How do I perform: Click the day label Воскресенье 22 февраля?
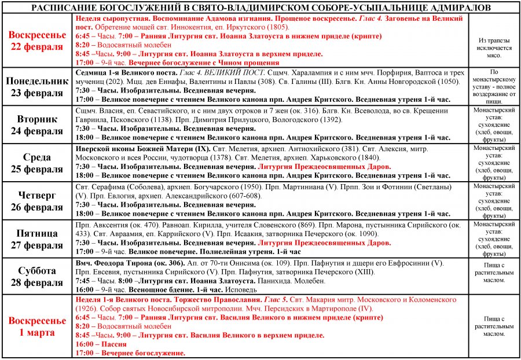(37, 41)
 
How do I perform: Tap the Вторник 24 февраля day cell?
(37, 124)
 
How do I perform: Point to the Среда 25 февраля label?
(37, 163)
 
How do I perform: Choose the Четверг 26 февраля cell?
(37, 201)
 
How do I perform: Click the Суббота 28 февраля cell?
(37, 276)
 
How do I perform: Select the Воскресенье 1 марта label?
(37, 326)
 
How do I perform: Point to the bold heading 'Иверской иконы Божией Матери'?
(137, 149)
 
